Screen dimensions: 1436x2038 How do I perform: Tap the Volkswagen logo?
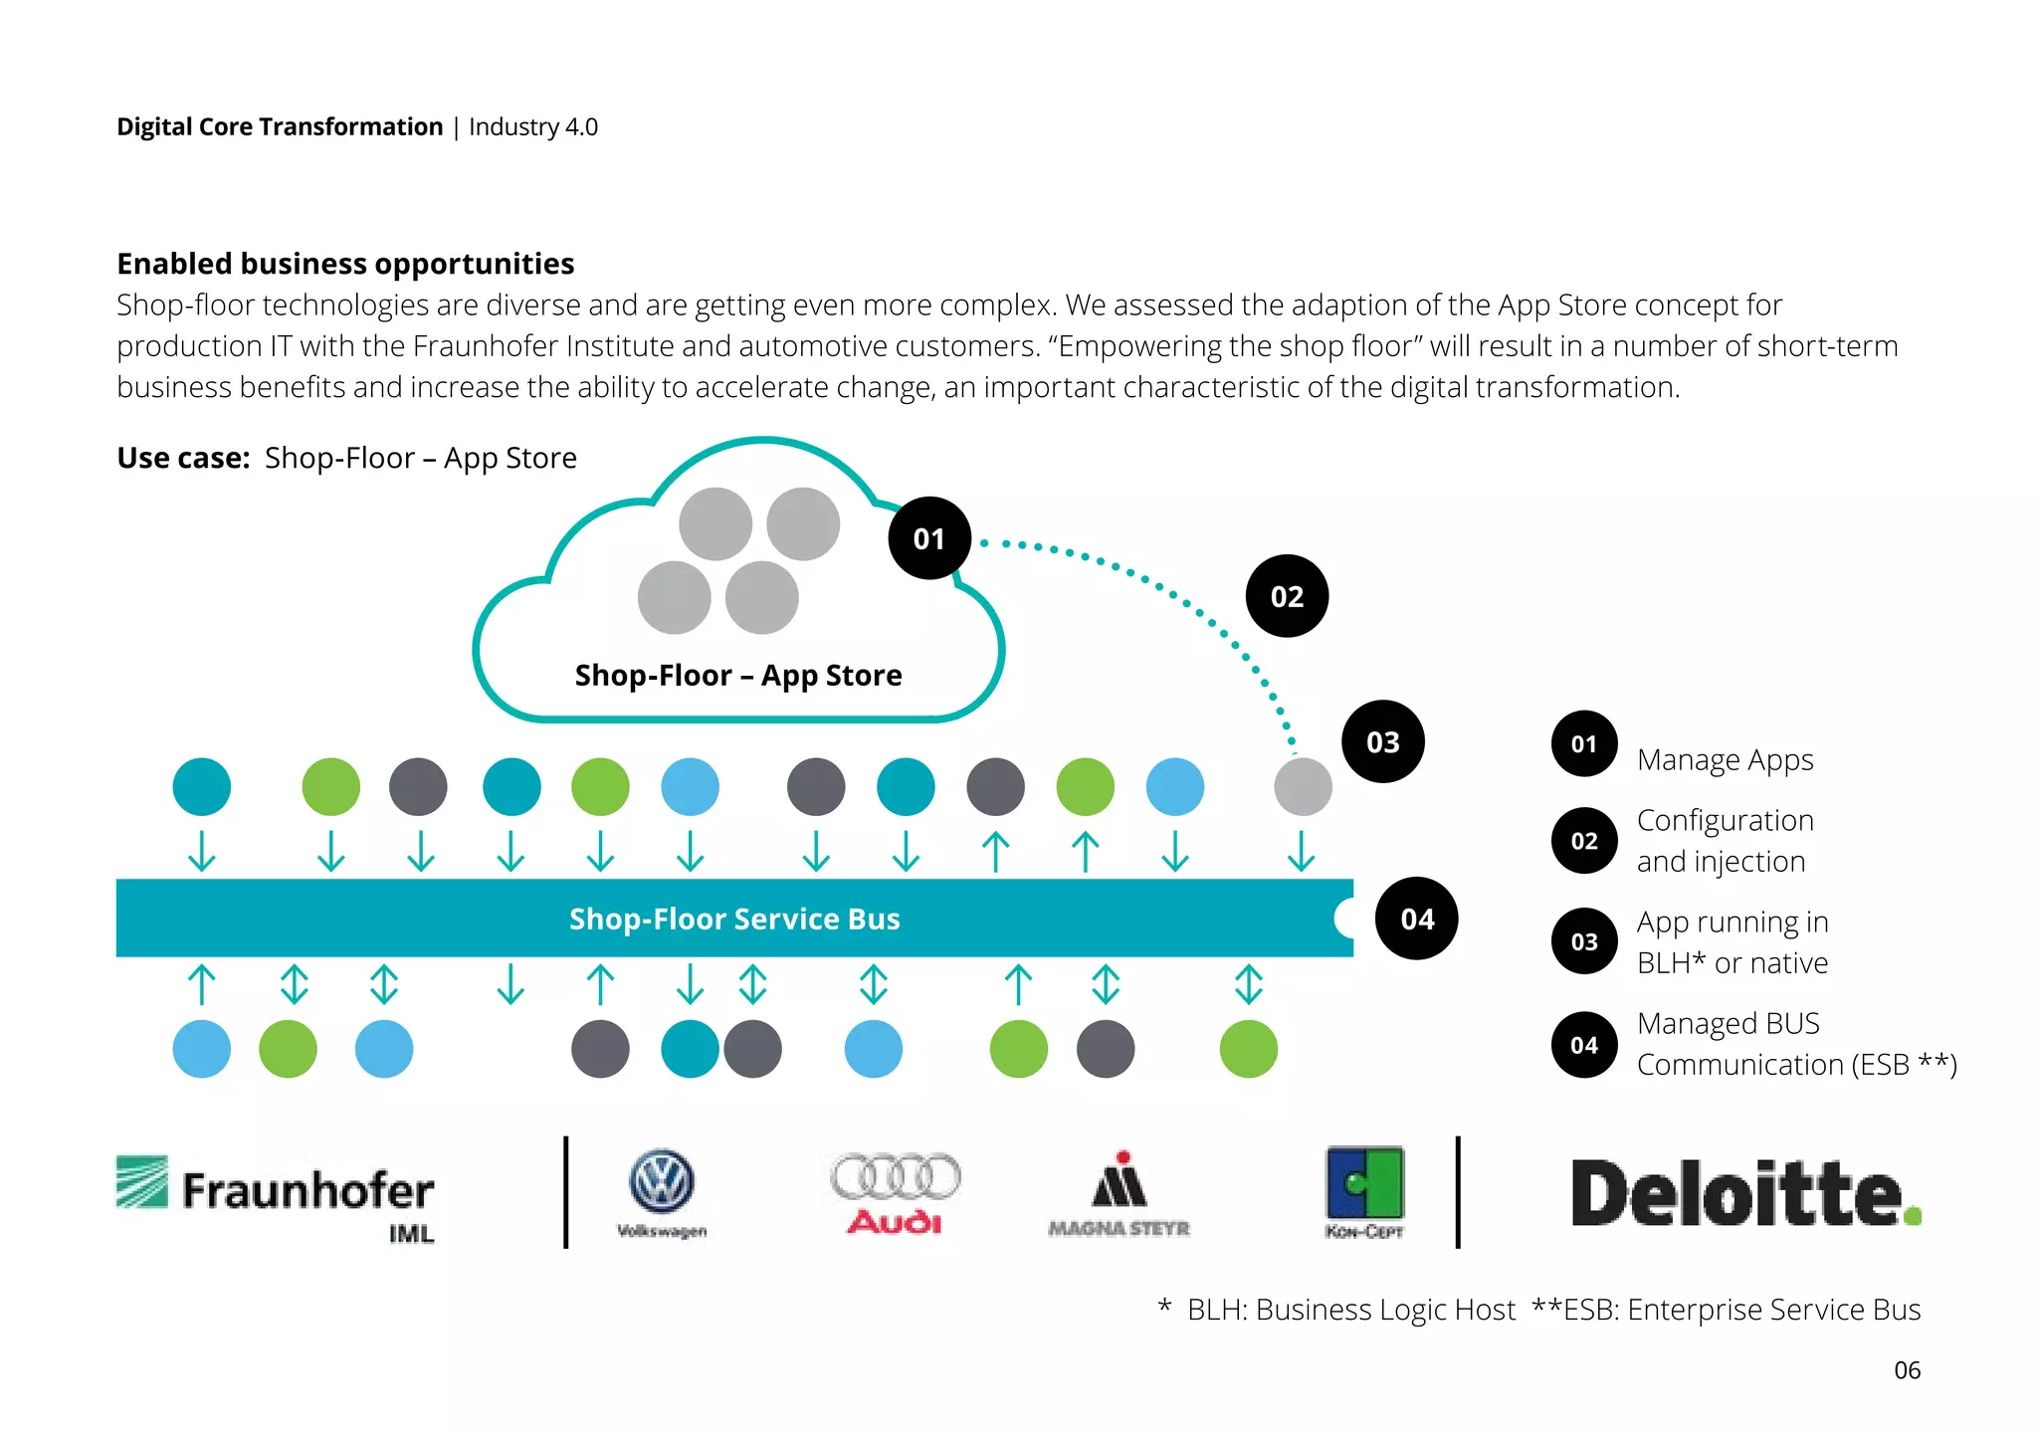pyautogui.click(x=662, y=1191)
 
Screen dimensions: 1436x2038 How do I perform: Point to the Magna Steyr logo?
pyautogui.click(x=1120, y=1193)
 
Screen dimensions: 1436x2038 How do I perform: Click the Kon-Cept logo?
pyautogui.click(x=1364, y=1191)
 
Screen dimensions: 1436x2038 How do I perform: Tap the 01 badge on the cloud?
pyautogui.click(x=928, y=538)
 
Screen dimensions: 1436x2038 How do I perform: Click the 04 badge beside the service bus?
pyautogui.click(x=1416, y=919)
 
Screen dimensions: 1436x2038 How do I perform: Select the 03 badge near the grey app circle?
pyautogui.click(x=1382, y=741)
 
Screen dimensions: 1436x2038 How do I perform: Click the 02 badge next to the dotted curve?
pyautogui.click(x=1286, y=596)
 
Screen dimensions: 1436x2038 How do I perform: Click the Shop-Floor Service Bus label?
pyautogui.click(x=734, y=919)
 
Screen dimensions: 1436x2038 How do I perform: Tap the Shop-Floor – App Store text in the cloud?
pyautogui.click(x=738, y=676)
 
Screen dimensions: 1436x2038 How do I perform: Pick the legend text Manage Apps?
pyautogui.click(x=1725, y=760)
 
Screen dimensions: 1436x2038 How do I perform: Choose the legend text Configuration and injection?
pyautogui.click(x=1725, y=841)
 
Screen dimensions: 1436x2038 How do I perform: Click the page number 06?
pyautogui.click(x=1907, y=1370)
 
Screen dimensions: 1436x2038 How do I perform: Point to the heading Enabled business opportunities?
pyautogui.click(x=345, y=264)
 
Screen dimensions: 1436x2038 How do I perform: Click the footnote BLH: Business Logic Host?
pyautogui.click(x=1349, y=1310)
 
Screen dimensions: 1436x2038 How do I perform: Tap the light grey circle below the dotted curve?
pyautogui.click(x=1303, y=786)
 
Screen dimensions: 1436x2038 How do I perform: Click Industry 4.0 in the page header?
pyautogui.click(x=533, y=127)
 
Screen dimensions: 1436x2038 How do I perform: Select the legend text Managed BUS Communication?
pyautogui.click(x=1795, y=1044)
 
